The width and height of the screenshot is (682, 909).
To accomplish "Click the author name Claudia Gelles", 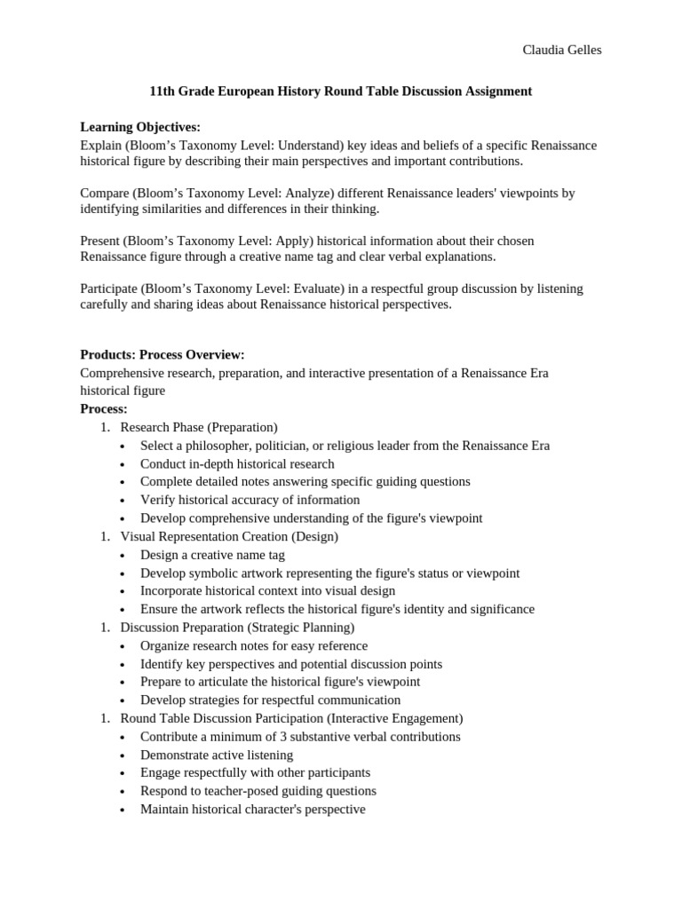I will pos(561,50).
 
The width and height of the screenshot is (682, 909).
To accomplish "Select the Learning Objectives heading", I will pos(140,127).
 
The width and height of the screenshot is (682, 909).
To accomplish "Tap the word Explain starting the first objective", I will pos(100,145).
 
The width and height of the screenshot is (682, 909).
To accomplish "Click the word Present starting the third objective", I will pos(99,241).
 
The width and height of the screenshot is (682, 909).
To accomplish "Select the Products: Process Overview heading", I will pos(163,355).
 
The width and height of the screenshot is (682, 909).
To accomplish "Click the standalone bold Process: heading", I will pos(104,409).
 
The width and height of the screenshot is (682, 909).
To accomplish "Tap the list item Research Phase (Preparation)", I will pos(199,427).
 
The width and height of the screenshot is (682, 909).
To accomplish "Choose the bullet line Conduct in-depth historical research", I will pos(237,463).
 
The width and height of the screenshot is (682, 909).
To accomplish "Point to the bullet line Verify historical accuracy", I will pos(250,500).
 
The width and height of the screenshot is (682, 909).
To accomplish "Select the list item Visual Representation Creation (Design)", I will pos(229,536).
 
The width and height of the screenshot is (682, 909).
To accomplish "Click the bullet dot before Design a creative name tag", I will pos(123,555).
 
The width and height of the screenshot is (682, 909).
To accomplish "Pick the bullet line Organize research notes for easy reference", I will pos(253,645).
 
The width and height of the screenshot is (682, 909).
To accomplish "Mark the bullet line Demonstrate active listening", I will pos(216,755).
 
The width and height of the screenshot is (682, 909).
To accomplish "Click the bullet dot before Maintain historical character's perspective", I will pos(123,810).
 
